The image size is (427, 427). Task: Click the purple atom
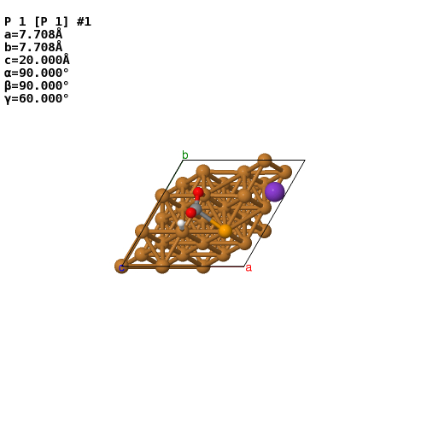point(274,192)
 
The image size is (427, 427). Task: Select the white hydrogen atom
point(181,224)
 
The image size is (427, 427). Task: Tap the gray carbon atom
point(196,208)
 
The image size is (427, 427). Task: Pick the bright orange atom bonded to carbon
point(225,231)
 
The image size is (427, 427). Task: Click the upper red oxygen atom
point(198,192)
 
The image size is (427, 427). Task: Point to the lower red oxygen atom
point(191,213)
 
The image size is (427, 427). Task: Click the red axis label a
point(249,268)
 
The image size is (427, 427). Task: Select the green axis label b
point(185,155)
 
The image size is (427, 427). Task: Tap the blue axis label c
point(121,268)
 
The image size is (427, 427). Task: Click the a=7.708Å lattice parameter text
point(33,34)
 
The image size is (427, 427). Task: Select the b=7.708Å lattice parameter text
point(33,47)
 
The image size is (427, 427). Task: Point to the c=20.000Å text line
point(37,60)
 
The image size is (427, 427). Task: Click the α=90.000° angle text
point(37,73)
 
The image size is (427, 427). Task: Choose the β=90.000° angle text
point(37,85)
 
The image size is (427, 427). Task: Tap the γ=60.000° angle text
point(37,99)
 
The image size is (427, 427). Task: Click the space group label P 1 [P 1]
point(37,21)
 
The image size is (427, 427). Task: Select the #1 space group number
point(84,21)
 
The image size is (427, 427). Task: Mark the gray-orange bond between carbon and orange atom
point(211,220)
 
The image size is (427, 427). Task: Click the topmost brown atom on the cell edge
point(265,161)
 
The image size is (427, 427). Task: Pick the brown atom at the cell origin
point(121,266)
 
